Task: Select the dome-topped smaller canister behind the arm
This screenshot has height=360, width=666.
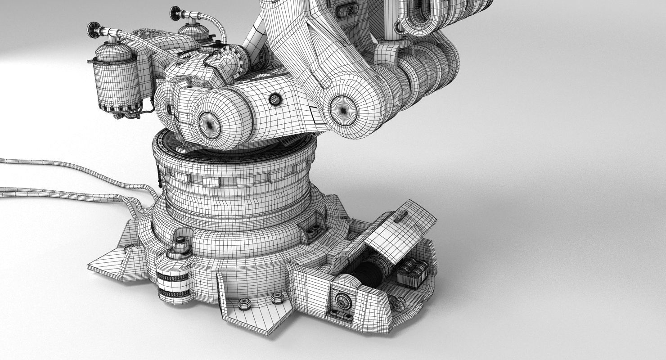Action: [x=194, y=34]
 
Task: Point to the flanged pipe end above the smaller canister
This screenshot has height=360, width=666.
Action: [x=176, y=13]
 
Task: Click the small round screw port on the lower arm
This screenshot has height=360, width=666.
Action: [x=274, y=99]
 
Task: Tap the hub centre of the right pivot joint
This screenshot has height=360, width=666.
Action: [x=343, y=110]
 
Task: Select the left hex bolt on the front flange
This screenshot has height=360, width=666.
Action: [x=243, y=304]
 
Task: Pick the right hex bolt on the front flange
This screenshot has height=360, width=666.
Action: [x=276, y=297]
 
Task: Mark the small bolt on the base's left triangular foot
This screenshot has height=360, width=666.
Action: [x=130, y=246]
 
